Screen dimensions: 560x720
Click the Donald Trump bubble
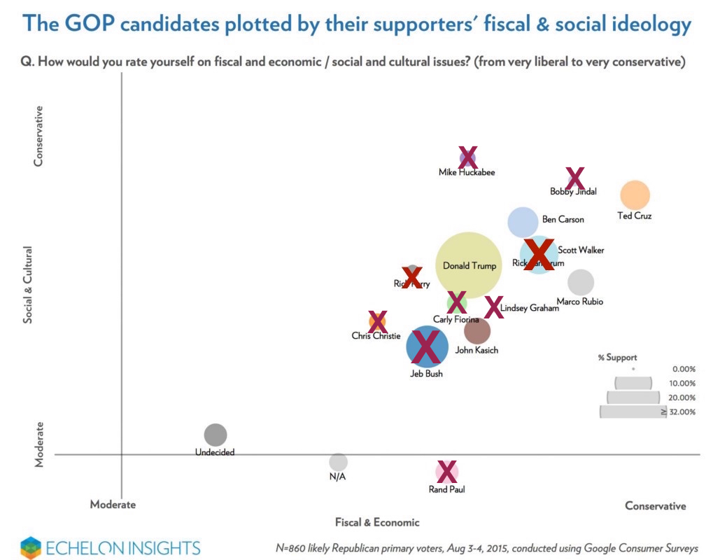click(469, 266)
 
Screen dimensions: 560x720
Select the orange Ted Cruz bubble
click(635, 195)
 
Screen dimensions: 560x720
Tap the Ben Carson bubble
click(523, 222)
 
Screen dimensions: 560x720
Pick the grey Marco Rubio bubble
click(581, 282)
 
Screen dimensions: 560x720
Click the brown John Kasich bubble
click(477, 330)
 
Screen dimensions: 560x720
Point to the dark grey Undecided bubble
click(216, 435)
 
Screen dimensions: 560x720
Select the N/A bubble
click(338, 462)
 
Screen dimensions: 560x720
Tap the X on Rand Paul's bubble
click(446, 472)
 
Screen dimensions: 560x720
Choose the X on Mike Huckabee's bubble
click(467, 157)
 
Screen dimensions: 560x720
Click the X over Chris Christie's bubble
click(377, 321)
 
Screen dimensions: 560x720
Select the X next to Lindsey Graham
click(493, 307)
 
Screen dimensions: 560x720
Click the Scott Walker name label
click(581, 250)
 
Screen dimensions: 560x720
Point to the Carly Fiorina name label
click(456, 319)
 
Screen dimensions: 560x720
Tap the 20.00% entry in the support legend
click(682, 398)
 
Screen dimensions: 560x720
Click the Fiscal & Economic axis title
click(377, 522)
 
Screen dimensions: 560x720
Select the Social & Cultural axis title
click(29, 283)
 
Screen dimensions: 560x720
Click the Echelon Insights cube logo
click(31, 547)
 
